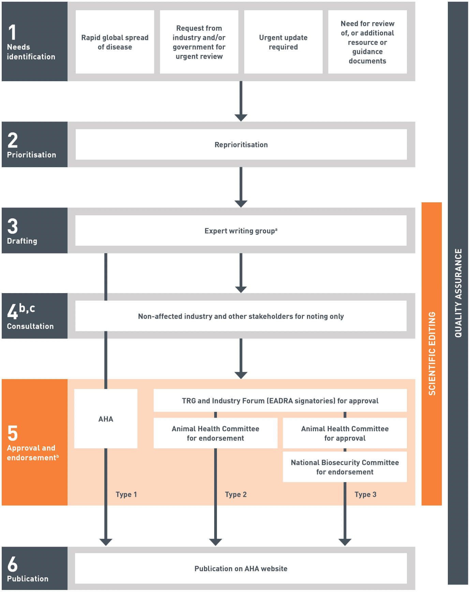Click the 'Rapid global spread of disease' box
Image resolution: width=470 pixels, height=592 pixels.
115,42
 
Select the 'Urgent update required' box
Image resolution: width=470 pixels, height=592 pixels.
283,42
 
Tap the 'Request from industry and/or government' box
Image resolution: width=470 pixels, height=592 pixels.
199,42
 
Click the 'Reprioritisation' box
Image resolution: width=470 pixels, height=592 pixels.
241,145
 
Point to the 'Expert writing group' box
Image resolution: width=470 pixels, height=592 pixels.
241,231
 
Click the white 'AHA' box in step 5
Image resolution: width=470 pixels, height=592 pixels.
106,419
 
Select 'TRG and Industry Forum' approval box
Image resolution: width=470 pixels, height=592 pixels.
280,401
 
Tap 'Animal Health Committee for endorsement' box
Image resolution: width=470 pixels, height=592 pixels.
215,433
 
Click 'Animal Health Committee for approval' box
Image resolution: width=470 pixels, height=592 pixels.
345,433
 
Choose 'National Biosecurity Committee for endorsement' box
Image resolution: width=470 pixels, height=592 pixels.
345,467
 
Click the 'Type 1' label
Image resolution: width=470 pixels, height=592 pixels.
126,494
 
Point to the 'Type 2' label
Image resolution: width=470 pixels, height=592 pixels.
236,494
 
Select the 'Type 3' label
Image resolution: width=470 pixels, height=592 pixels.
365,494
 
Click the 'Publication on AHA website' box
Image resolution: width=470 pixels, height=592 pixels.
241,568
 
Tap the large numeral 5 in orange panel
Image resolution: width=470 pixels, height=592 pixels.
13,433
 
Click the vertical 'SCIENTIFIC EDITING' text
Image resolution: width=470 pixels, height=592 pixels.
432,353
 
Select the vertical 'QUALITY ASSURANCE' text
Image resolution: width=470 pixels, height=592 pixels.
458,293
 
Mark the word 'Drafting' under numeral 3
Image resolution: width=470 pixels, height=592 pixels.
22,241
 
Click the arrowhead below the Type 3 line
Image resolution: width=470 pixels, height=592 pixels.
345,542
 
